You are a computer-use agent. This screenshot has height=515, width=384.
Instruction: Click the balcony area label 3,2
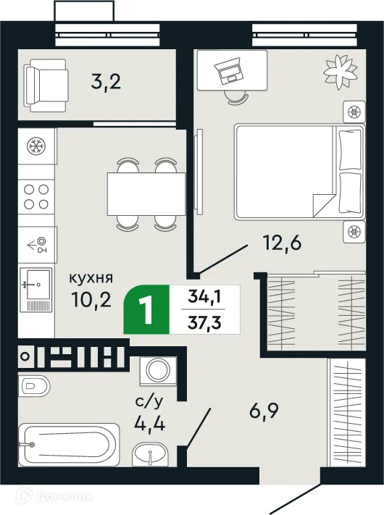105,80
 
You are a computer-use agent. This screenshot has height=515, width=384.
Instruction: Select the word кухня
91,277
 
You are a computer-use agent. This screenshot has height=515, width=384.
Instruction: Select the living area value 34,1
204,296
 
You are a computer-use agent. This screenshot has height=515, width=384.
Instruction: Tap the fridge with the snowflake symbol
34,147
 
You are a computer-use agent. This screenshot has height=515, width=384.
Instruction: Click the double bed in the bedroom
297,171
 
